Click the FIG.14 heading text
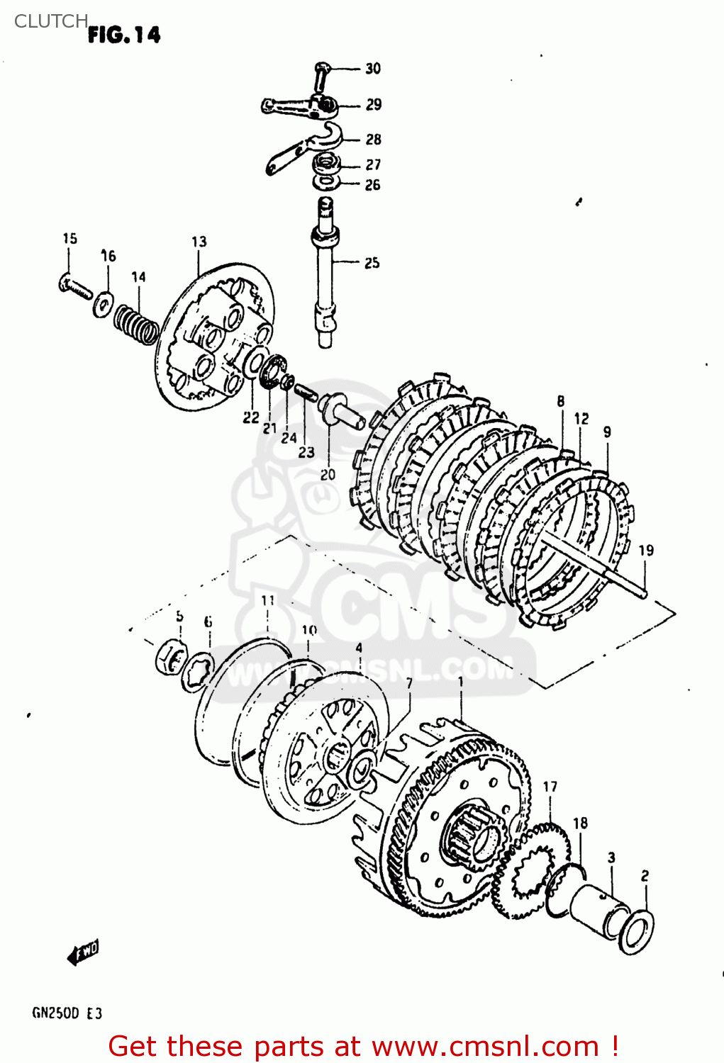[x=124, y=35]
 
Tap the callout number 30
[x=373, y=69]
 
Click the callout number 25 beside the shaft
[x=372, y=263]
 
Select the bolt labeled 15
[x=74, y=286]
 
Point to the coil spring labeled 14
[x=137, y=323]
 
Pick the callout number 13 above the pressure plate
[x=199, y=242]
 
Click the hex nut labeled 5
[x=170, y=658]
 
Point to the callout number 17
[x=550, y=787]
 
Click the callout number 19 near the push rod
[x=646, y=551]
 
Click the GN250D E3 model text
[x=67, y=1013]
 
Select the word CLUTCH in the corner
[x=50, y=21]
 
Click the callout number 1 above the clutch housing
[x=461, y=682]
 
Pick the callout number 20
[x=328, y=475]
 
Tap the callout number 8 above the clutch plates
[x=561, y=401]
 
